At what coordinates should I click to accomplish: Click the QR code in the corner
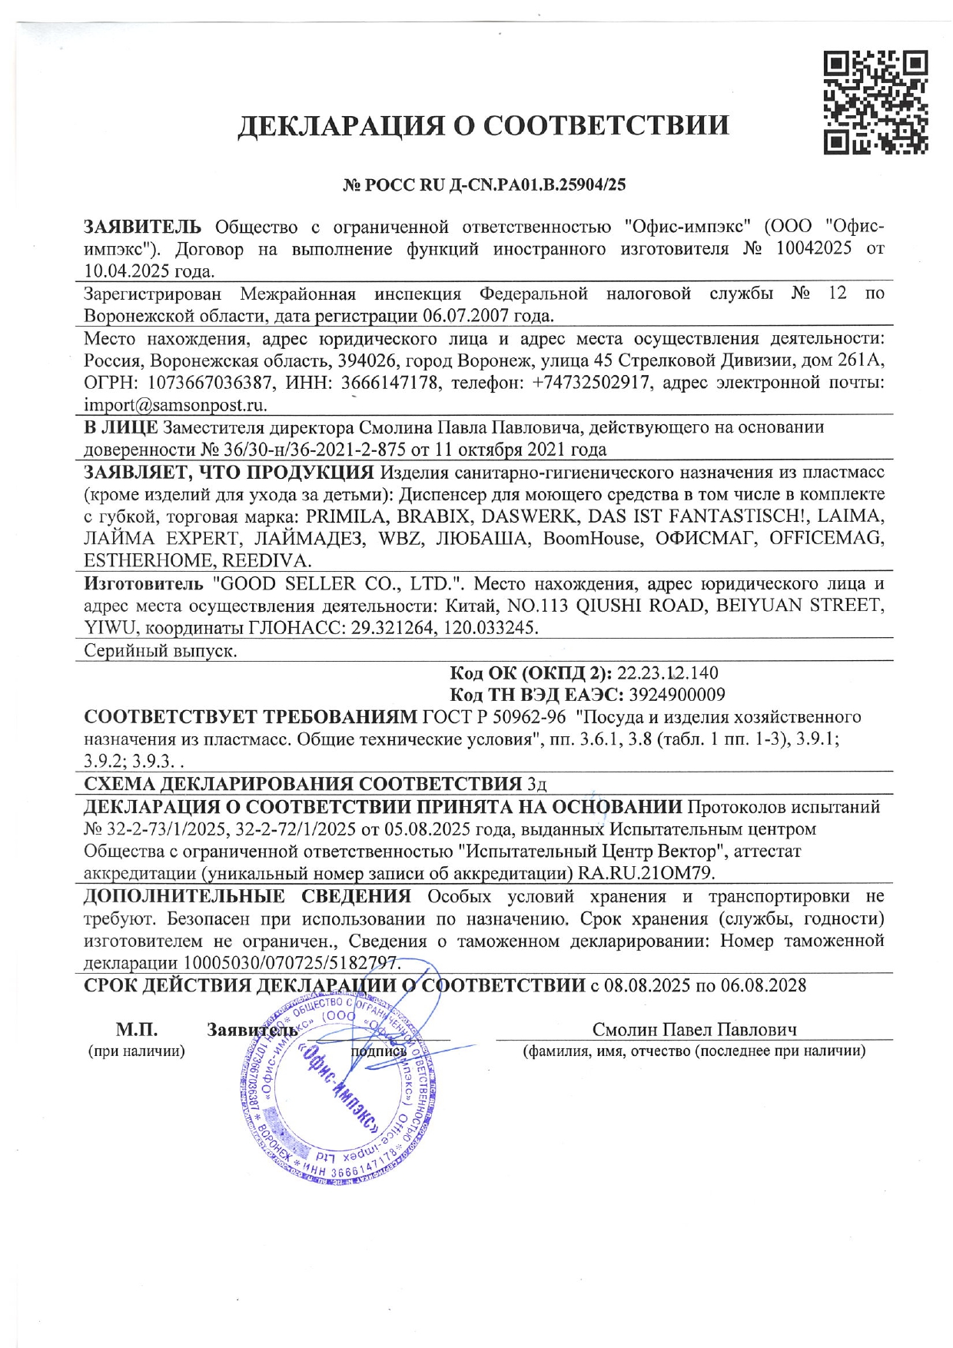(x=875, y=102)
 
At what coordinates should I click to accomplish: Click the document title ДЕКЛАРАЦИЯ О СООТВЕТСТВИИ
(x=483, y=125)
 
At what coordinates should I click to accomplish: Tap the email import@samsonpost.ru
(x=175, y=405)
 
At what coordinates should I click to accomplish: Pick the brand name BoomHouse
(x=591, y=538)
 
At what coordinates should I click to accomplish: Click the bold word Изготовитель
(x=144, y=583)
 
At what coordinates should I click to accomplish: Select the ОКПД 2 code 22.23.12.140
(x=667, y=673)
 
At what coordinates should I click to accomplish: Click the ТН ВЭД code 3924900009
(x=676, y=695)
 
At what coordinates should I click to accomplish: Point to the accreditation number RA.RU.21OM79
(x=646, y=873)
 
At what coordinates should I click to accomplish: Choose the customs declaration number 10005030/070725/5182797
(x=290, y=963)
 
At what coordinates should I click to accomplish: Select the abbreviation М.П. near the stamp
(x=137, y=1030)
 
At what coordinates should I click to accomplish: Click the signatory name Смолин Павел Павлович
(x=694, y=1030)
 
